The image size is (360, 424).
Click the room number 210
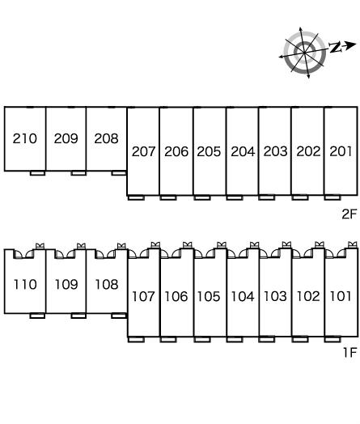click(25, 138)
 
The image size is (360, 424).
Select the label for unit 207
click(143, 151)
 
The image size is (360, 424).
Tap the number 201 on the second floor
click(341, 151)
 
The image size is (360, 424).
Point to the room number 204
click(243, 151)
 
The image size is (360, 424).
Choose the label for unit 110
click(25, 285)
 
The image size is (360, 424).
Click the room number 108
click(107, 285)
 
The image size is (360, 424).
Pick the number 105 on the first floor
click(209, 296)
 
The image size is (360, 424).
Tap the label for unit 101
click(341, 296)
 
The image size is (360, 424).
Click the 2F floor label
click(349, 214)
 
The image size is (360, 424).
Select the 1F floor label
click(350, 352)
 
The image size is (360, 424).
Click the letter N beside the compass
click(335, 47)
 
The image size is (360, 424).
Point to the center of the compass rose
click(305, 53)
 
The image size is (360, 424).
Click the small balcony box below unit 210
click(37, 173)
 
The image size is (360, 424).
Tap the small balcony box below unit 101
click(332, 339)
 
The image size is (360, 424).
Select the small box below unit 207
click(136, 198)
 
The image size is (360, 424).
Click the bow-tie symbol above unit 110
click(40, 246)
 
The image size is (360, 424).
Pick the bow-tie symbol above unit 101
click(353, 244)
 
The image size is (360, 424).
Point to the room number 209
click(66, 138)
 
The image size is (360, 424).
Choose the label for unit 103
click(275, 296)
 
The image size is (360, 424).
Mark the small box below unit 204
click(235, 198)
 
